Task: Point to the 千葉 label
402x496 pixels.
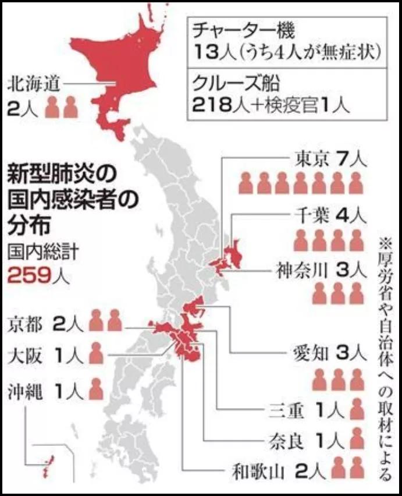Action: click(314, 217)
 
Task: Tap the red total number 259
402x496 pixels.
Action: click(30, 274)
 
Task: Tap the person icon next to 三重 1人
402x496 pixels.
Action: click(357, 410)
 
